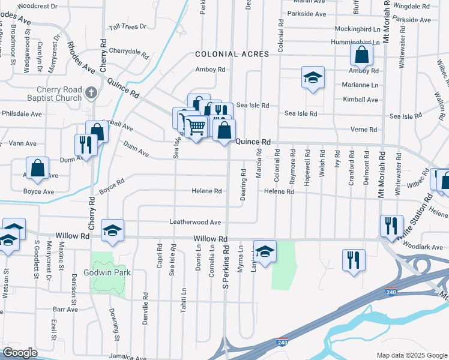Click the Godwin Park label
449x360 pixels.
click(x=111, y=272)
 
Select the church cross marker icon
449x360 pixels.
click(x=91, y=92)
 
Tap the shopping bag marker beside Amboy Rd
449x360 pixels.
click(x=361, y=55)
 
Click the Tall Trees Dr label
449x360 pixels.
click(x=127, y=27)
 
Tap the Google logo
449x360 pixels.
click(x=20, y=353)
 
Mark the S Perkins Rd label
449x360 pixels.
click(x=226, y=271)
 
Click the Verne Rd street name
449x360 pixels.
click(x=364, y=130)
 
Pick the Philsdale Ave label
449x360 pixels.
click(x=22, y=113)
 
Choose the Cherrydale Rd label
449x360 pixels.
click(x=128, y=51)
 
